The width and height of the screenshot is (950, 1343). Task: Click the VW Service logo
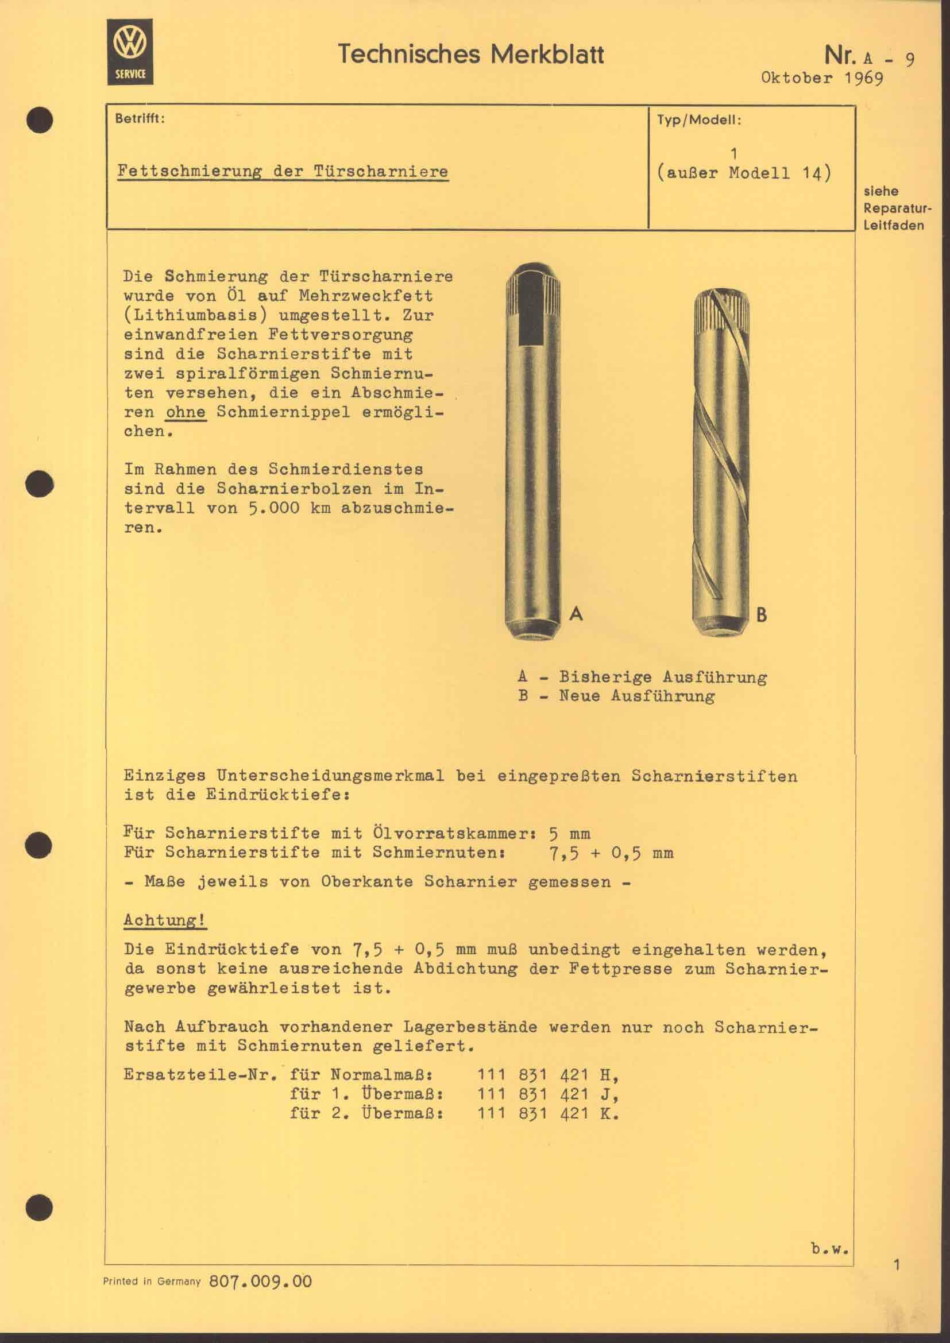(x=130, y=52)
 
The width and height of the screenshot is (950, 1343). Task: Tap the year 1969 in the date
(x=863, y=78)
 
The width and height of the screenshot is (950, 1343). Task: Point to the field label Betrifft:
(x=140, y=119)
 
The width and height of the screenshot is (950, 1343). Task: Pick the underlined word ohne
(x=186, y=412)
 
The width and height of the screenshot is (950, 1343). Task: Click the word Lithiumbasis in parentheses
(x=196, y=315)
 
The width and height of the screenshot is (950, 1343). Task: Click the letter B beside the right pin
(x=760, y=615)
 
